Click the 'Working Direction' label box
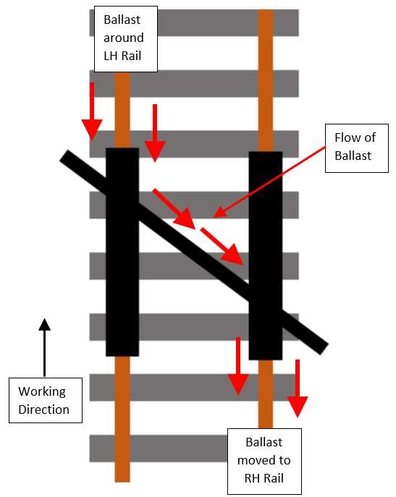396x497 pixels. click(x=46, y=400)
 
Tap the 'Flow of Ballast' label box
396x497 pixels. click(x=357, y=148)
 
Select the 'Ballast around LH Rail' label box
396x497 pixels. click(x=126, y=39)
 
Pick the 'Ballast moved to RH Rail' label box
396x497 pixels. click(x=264, y=461)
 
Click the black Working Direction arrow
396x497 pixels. click(x=44, y=347)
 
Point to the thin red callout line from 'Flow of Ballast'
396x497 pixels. click(x=270, y=182)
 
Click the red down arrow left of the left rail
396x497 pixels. click(x=92, y=111)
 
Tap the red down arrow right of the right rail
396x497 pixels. click(x=298, y=388)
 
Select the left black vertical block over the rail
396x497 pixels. click(x=122, y=252)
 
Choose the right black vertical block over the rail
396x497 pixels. click(x=266, y=255)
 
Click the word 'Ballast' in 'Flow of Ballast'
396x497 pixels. click(x=353, y=156)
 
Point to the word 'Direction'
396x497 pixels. click(x=43, y=409)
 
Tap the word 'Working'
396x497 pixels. click(x=42, y=392)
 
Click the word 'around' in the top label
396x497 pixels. click(x=124, y=38)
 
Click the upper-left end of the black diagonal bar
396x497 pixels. click(x=64, y=156)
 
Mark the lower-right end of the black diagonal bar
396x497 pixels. click(x=324, y=349)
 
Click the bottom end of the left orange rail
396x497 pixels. click(x=122, y=482)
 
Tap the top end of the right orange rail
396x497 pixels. click(x=266, y=10)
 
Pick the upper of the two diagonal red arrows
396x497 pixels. click(x=174, y=208)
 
